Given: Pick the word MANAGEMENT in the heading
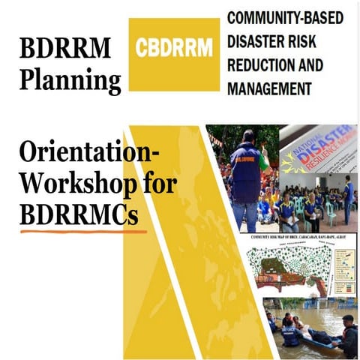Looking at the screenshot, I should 269,88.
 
